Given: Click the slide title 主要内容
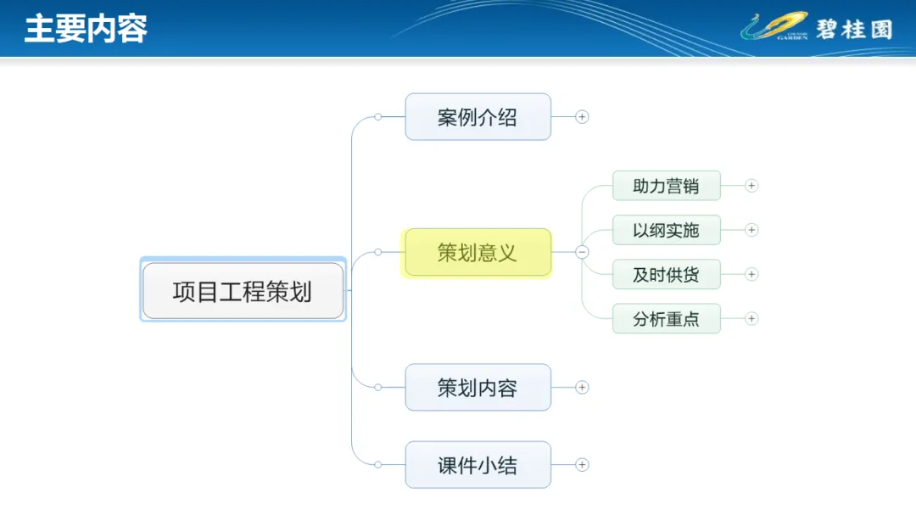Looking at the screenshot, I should (x=86, y=28).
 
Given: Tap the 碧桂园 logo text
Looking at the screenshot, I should (x=854, y=29).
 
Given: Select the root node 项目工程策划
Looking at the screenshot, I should (x=243, y=291).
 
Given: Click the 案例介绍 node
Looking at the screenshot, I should (x=478, y=117).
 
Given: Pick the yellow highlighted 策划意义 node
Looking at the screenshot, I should (x=478, y=252).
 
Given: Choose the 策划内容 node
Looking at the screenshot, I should (x=478, y=388).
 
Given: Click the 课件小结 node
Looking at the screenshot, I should (x=478, y=465).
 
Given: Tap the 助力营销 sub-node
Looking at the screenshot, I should (x=666, y=186).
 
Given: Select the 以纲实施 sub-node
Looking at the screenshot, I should (x=666, y=230).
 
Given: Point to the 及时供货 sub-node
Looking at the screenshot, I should (x=666, y=274).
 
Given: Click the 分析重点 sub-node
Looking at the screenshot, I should (x=666, y=319).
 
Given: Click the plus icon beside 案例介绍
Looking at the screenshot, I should (x=582, y=117).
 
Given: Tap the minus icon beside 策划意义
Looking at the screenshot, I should (x=582, y=252).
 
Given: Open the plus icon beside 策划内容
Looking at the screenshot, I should (x=582, y=388).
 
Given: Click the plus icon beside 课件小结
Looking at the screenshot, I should (x=582, y=465).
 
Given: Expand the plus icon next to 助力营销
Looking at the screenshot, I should (x=751, y=186).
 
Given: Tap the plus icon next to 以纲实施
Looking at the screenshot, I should (x=751, y=230).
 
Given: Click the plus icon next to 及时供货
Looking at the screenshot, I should (x=751, y=274).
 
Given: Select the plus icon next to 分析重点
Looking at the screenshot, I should (x=751, y=319).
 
